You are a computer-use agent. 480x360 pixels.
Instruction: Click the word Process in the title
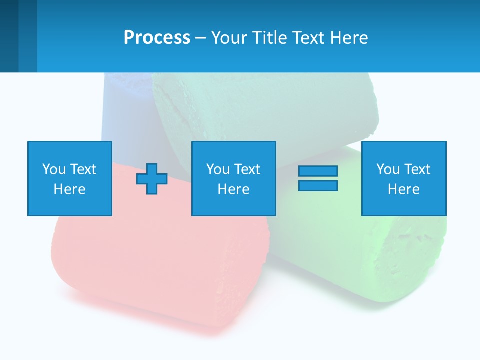[157, 38]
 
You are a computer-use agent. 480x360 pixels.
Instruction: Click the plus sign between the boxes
[152, 179]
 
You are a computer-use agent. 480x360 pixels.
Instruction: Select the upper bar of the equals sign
[318, 171]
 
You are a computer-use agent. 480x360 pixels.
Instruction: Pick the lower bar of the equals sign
[318, 185]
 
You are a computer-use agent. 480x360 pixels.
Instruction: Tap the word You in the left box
[53, 169]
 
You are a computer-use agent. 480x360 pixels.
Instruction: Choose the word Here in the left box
[69, 189]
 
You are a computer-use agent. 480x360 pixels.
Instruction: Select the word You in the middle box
[217, 169]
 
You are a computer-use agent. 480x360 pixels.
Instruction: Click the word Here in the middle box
[233, 189]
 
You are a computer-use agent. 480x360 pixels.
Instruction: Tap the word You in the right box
[387, 169]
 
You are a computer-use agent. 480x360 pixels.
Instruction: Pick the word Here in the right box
[403, 189]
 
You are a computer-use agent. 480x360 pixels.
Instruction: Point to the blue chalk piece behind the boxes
[125, 110]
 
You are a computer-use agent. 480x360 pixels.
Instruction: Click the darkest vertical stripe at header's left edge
[9, 36]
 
